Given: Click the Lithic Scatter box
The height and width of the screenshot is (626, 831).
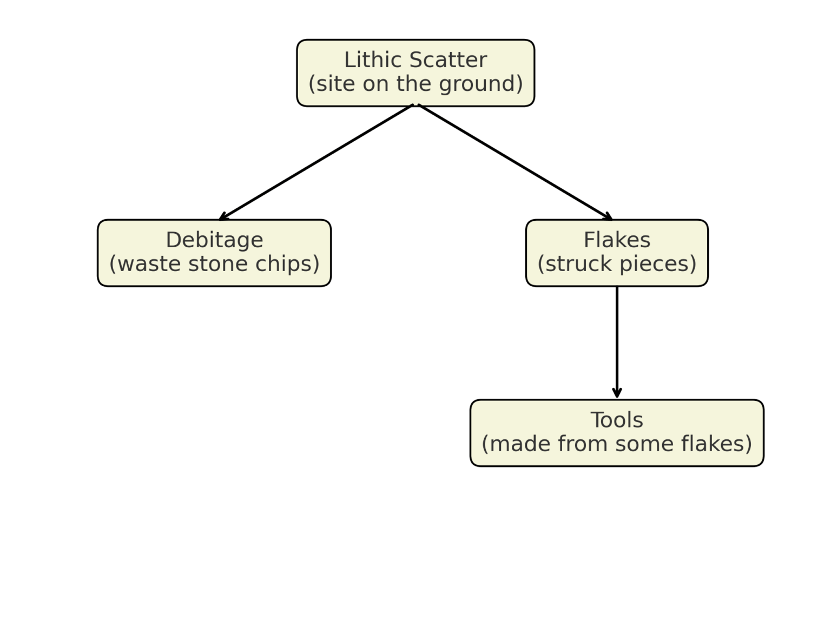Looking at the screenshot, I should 415,73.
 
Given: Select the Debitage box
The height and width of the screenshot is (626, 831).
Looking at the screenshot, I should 214,253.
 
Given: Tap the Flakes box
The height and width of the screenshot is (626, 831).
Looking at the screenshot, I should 617,253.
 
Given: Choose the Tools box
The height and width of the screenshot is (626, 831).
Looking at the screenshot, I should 617,433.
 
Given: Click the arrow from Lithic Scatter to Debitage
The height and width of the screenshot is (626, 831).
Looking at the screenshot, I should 316,162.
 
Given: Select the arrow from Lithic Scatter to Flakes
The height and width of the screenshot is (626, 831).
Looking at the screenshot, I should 515,162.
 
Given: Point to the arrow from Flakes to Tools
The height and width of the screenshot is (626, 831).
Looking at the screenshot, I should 617,341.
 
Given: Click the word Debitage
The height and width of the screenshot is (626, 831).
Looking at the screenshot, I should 214,240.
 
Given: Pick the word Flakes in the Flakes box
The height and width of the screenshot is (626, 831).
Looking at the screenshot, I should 617,240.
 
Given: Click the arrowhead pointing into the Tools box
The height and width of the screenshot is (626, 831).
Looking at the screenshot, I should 617,394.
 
